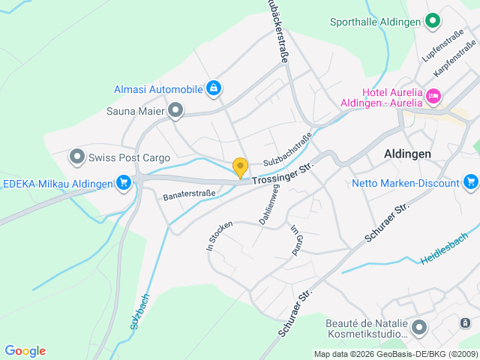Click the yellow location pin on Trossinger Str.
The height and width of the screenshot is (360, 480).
[240, 167]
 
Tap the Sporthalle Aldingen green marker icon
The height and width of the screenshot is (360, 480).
[432, 21]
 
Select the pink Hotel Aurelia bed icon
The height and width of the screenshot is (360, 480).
[433, 96]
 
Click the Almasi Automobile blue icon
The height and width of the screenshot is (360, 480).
[214, 89]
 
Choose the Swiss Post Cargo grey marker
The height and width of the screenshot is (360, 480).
[77, 157]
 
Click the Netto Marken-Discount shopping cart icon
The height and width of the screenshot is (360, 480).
[471, 182]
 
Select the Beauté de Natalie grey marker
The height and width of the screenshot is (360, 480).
[418, 328]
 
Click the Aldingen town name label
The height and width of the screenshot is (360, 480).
[407, 153]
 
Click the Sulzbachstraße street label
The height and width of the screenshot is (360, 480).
[287, 150]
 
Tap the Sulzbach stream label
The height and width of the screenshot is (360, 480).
[139, 311]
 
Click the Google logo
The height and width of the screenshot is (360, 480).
[25, 351]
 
